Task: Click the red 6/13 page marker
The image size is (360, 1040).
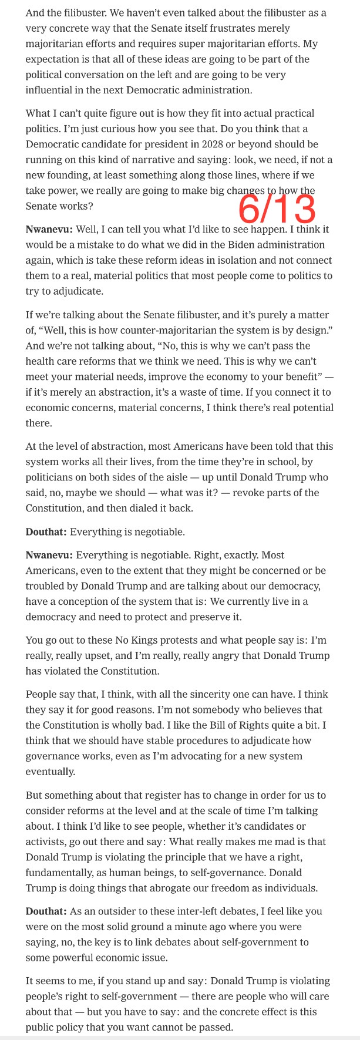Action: coord(277,208)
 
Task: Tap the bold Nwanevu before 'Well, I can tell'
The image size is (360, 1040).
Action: coord(49,229)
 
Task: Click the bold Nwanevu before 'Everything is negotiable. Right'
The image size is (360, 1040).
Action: coord(49,554)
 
